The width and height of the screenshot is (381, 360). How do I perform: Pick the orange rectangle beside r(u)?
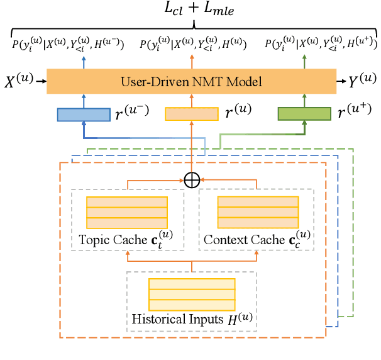click(191, 114)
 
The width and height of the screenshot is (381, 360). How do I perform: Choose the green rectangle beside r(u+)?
click(304, 114)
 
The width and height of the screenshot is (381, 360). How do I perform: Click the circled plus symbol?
click(191, 179)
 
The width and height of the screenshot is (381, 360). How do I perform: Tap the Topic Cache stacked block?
click(126, 213)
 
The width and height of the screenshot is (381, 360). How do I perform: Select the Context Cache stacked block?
click(257, 213)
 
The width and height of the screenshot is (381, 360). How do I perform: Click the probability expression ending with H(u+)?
click(318, 45)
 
